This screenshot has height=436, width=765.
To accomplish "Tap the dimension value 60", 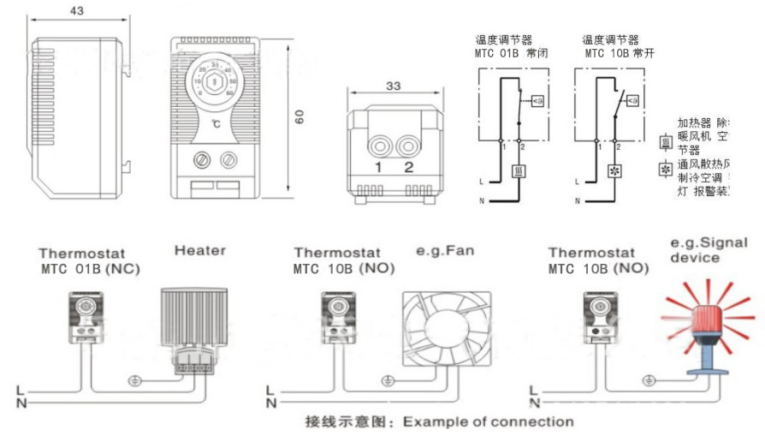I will pos(300,118).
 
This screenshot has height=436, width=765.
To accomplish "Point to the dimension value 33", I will pos(393,86).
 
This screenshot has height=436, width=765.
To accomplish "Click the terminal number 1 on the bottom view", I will pos(377,166).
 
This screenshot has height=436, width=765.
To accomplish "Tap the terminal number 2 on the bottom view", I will pos(408,166).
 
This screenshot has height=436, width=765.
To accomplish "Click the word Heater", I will pos(199,250).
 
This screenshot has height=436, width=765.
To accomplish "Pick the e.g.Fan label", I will pos(444,251).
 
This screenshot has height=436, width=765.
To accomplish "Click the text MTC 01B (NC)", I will pos(89,268).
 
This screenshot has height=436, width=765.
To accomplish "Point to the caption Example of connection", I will pos(488,421).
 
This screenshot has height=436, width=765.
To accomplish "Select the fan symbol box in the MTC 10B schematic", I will pos(615,170).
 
